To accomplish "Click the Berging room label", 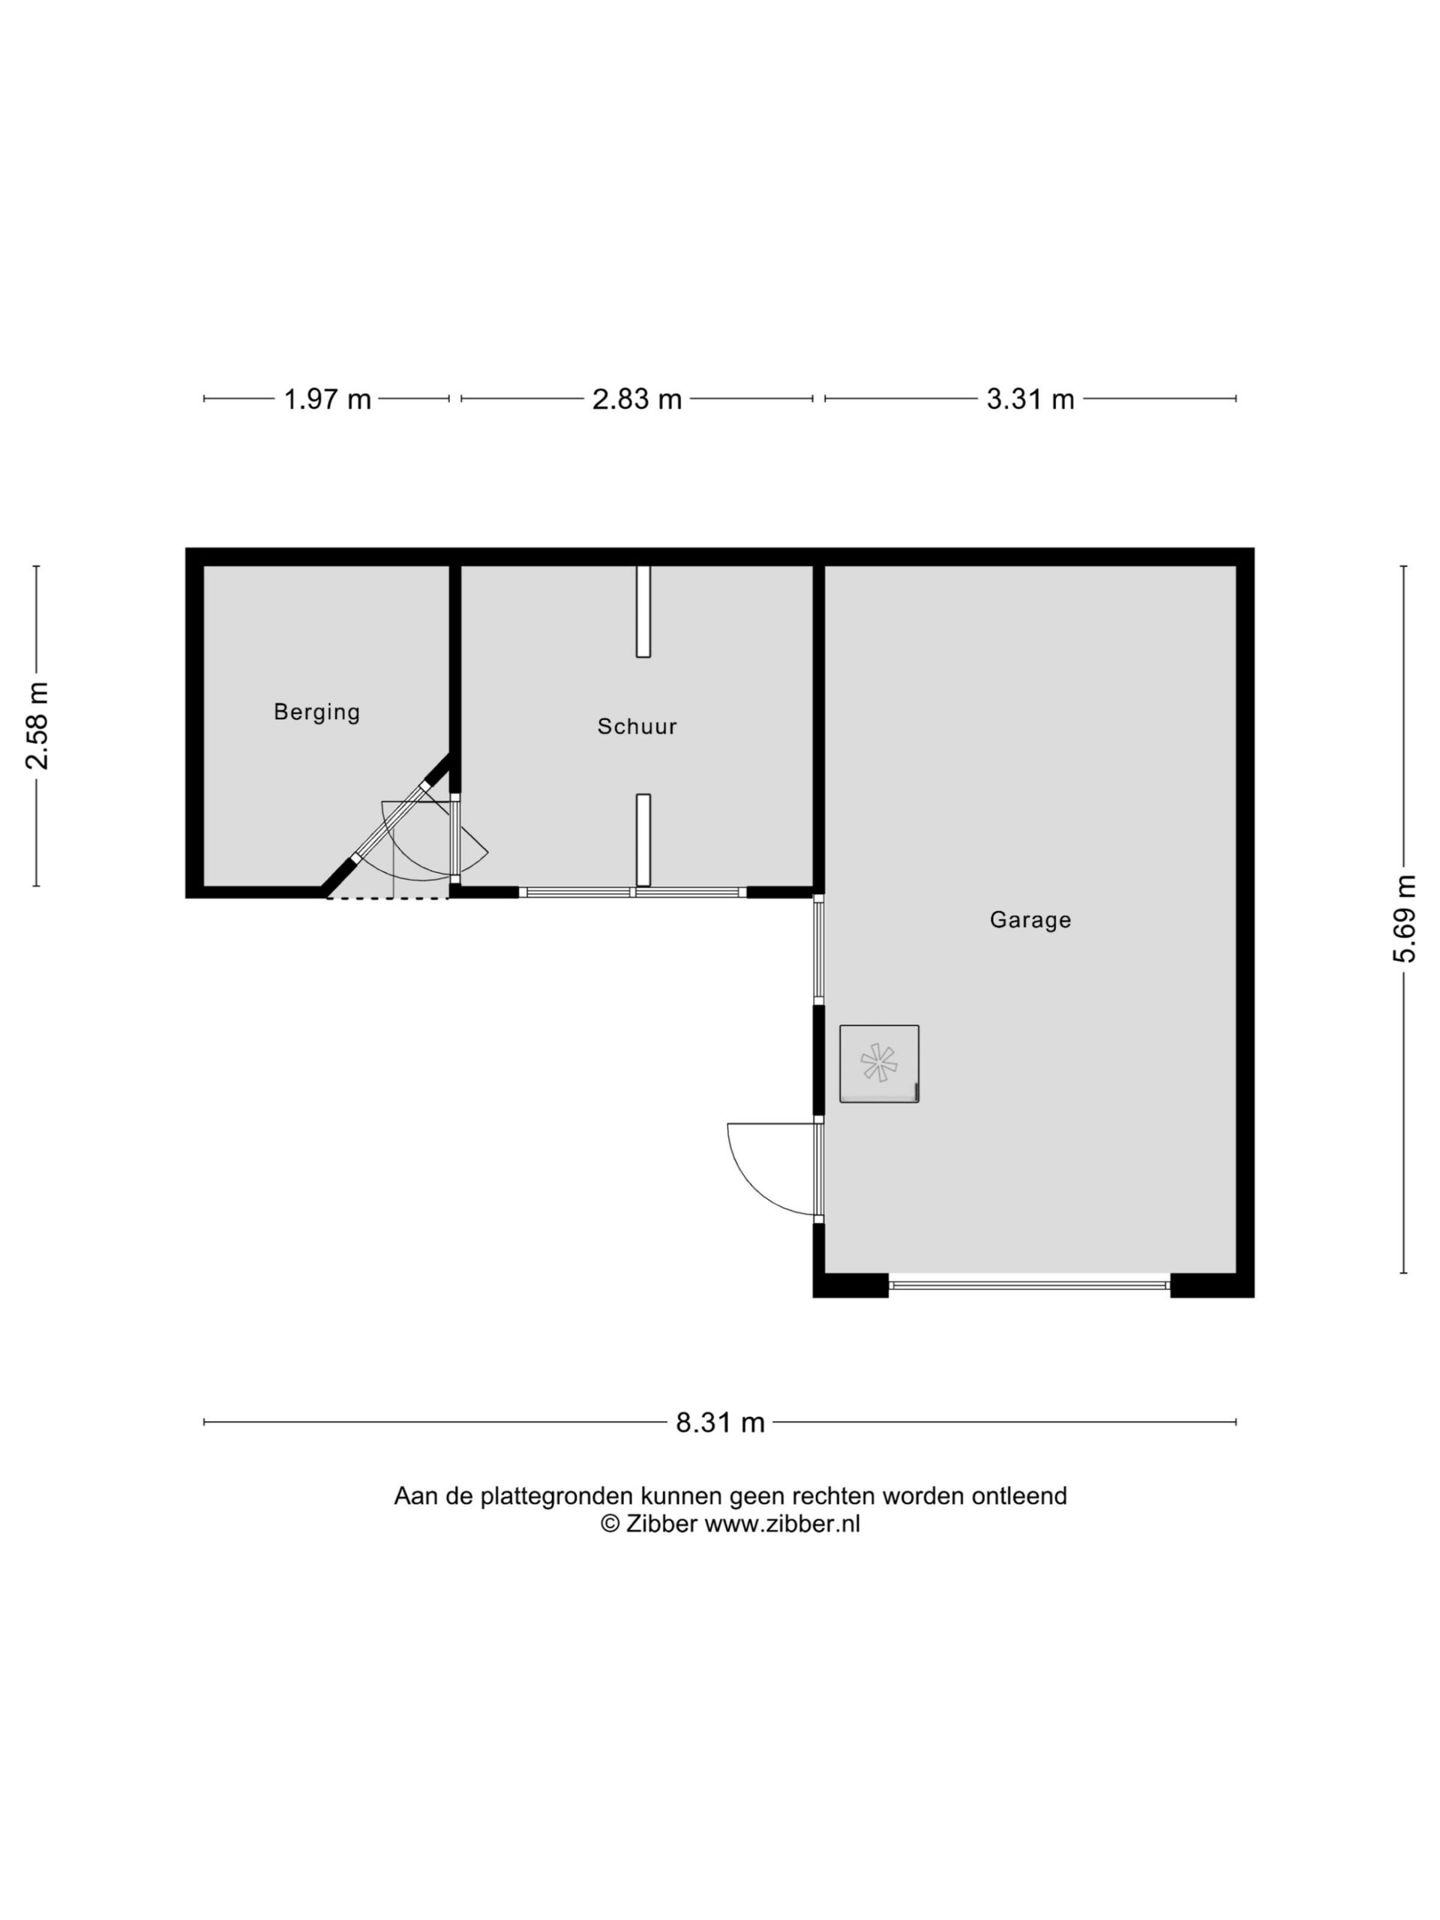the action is click(x=316, y=712).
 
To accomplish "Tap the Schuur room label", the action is click(x=636, y=727).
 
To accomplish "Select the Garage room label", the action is click(x=1030, y=920).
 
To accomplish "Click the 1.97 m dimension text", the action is click(x=327, y=399).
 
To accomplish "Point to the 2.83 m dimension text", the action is click(x=636, y=399).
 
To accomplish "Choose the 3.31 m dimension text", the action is click(x=1030, y=399).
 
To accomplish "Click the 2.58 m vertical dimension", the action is click(x=37, y=726).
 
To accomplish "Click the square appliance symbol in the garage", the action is click(x=878, y=1063).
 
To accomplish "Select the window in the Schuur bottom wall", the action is click(x=632, y=892).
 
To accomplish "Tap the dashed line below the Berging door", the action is click(x=387, y=898).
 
